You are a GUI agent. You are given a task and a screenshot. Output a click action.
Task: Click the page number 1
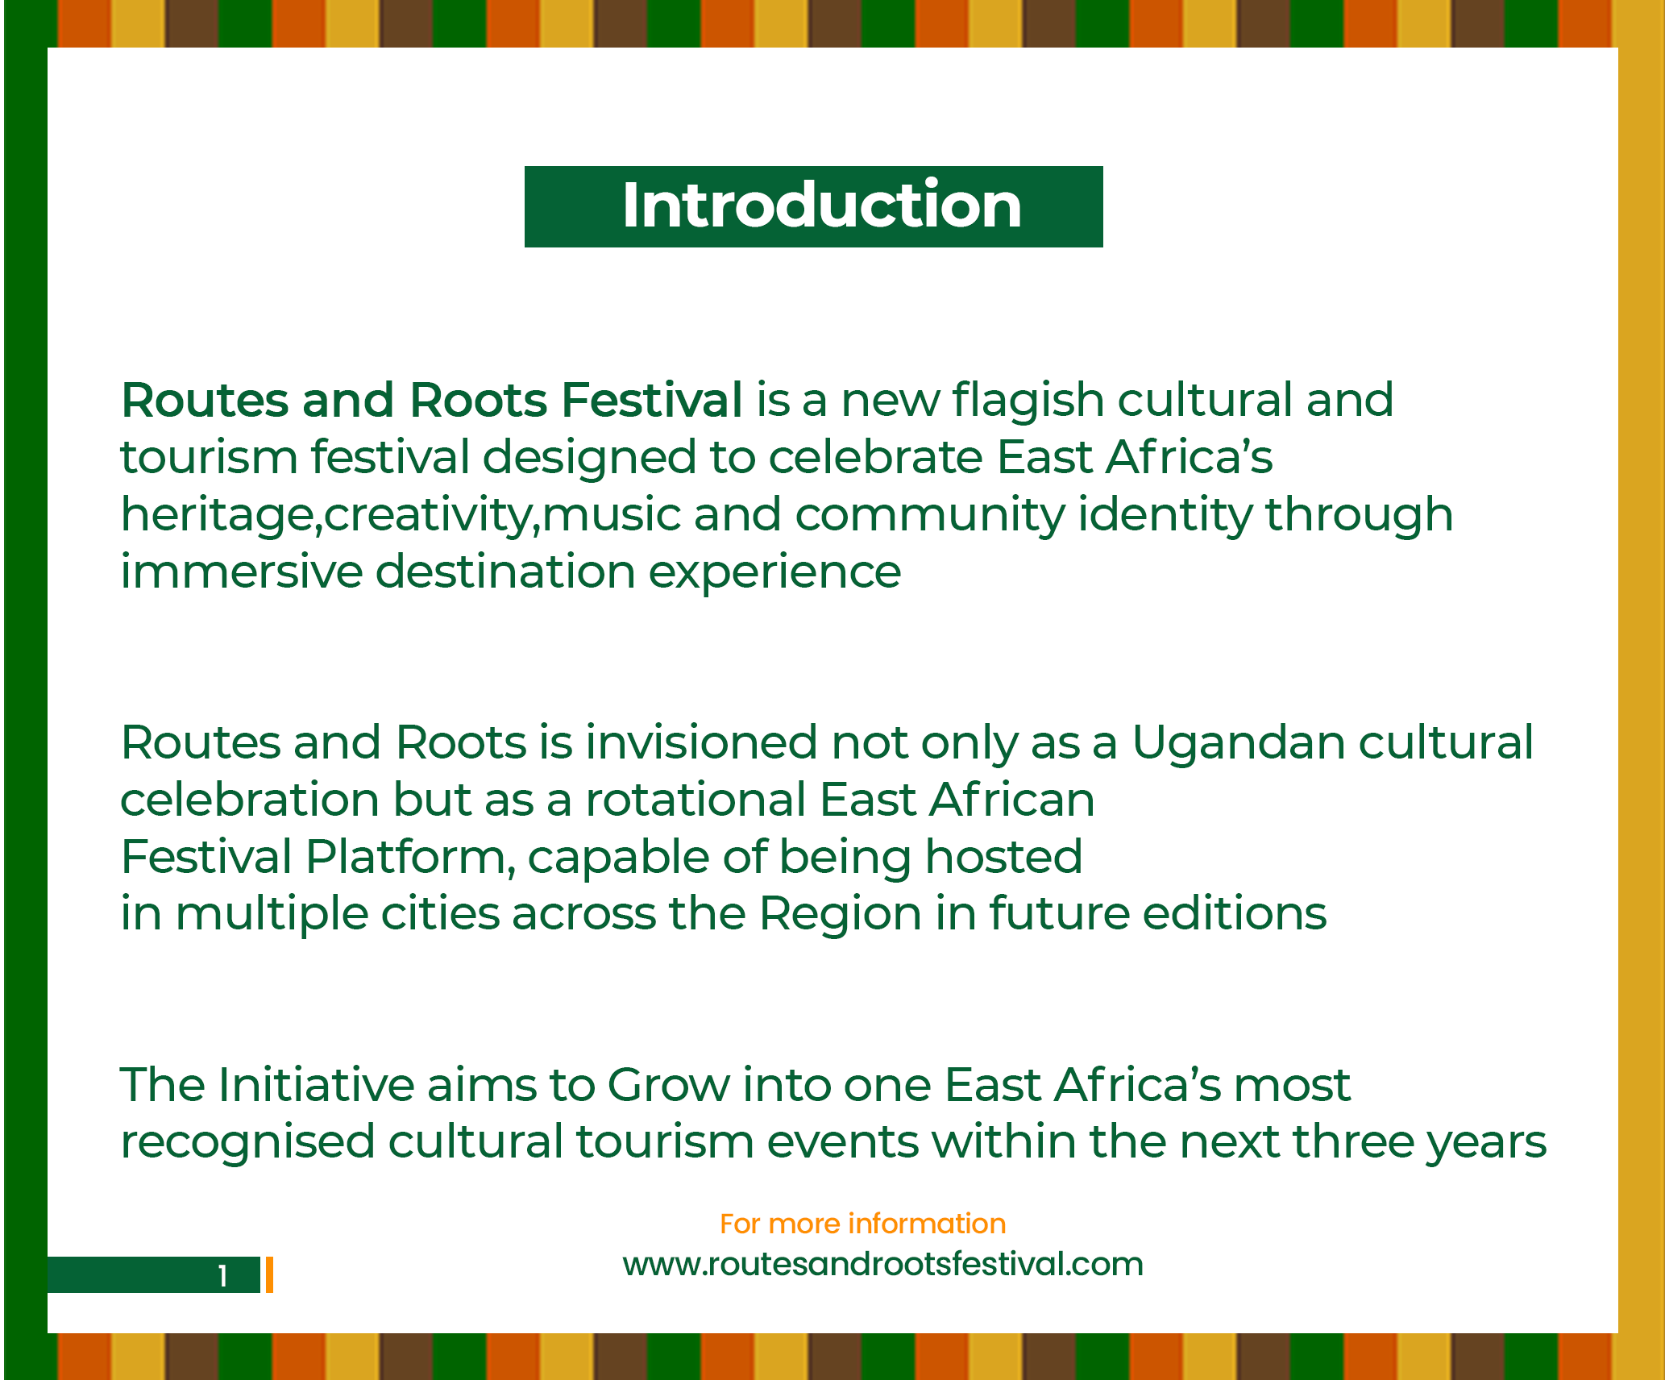tap(223, 1276)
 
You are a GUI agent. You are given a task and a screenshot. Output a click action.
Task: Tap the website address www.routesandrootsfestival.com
tap(882, 1263)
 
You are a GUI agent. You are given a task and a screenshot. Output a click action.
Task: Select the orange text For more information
tap(862, 1224)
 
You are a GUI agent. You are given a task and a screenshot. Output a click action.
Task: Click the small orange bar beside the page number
tap(269, 1274)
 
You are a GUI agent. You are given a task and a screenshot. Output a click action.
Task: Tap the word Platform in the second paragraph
tap(410, 857)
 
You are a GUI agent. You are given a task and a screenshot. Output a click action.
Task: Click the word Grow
tap(668, 1085)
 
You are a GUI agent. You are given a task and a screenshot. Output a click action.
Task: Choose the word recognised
tap(248, 1143)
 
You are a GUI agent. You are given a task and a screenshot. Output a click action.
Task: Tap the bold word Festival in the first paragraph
tap(651, 400)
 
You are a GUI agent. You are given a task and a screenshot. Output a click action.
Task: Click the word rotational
tap(695, 800)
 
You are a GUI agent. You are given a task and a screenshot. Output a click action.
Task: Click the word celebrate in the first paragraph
tap(875, 457)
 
